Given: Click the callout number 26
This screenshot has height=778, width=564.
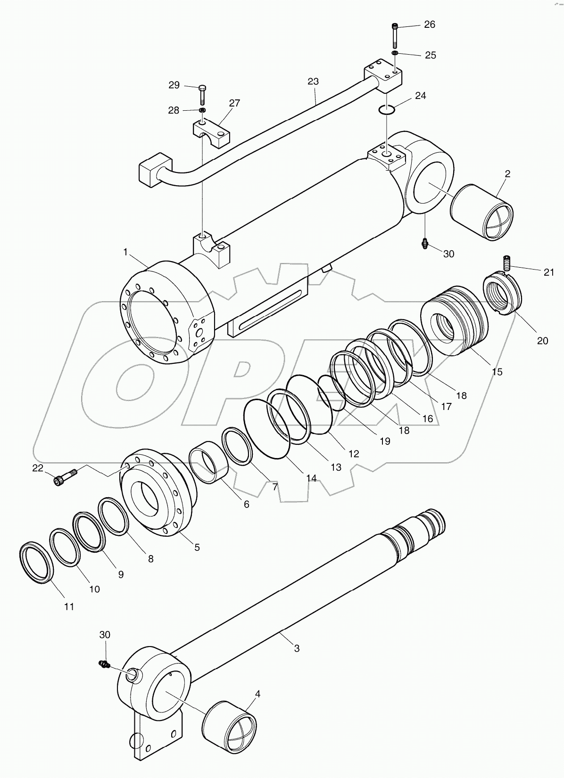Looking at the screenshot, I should [430, 25].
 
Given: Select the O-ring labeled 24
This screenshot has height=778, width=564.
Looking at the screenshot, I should [387, 110].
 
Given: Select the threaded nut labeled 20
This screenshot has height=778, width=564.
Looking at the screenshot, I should [503, 295].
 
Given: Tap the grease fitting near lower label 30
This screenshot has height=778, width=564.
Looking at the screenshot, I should [104, 664].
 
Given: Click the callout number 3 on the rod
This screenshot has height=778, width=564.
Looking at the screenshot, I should [297, 648].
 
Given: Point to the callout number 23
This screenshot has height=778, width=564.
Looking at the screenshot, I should [313, 82].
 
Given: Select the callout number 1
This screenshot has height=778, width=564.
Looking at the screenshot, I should [125, 253].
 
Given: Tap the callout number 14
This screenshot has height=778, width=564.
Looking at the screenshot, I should [311, 478].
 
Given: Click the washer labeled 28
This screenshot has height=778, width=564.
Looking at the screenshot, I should [202, 110].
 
